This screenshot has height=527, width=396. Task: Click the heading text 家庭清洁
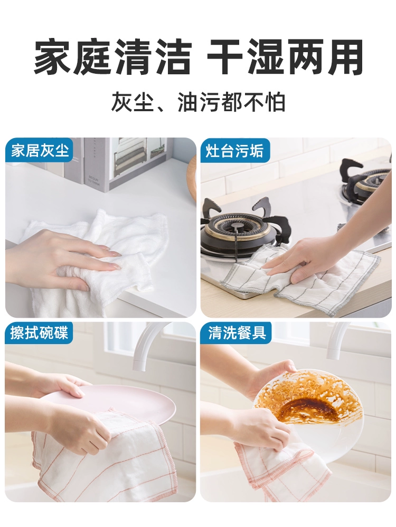click(x=113, y=57)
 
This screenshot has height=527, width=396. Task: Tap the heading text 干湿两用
click(x=285, y=57)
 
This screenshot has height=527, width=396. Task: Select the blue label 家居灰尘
click(x=40, y=150)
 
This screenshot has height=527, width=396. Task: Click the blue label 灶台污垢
click(x=234, y=151)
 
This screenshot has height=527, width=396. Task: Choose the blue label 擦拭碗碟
click(x=39, y=333)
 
